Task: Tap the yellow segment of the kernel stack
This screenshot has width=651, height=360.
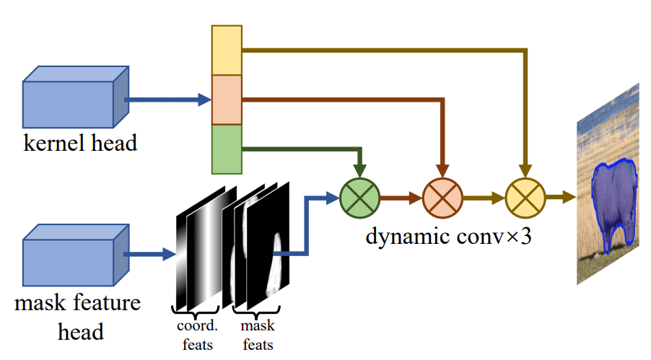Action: click(x=226, y=50)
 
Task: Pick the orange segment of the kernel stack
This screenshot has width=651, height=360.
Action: click(x=226, y=100)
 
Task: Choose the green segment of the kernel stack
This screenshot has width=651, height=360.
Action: click(x=226, y=149)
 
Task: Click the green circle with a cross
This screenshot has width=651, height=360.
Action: click(x=359, y=195)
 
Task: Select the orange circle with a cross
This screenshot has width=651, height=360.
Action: click(x=442, y=195)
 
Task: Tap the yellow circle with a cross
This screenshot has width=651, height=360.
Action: click(x=525, y=195)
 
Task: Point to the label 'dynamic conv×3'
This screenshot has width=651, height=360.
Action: click(x=449, y=235)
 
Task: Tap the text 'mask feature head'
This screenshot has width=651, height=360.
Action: click(x=77, y=316)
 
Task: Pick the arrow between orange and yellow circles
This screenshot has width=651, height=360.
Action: click(x=483, y=195)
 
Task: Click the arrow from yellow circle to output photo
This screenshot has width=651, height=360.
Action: click(x=560, y=195)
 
